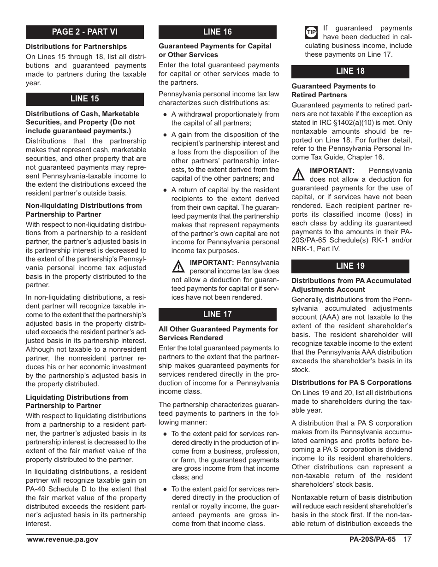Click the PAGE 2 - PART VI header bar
[x=85, y=32]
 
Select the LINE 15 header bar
[x=85, y=99]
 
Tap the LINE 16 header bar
[x=218, y=32]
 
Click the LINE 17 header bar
[x=218, y=314]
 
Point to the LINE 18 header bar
[x=350, y=71]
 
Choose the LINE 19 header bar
[x=350, y=266]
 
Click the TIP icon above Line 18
[x=311, y=32]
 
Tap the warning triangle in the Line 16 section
[x=178, y=266]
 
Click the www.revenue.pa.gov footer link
[x=62, y=540]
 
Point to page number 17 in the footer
[x=407, y=540]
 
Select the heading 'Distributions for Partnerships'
[x=76, y=47]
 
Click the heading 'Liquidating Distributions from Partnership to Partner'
[x=77, y=402]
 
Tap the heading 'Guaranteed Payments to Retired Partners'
[x=333, y=90]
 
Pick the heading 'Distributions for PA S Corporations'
[x=351, y=383]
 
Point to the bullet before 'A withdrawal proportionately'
[x=165, y=114]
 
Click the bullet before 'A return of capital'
[x=165, y=190]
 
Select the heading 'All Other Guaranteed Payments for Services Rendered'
[x=218, y=333]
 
